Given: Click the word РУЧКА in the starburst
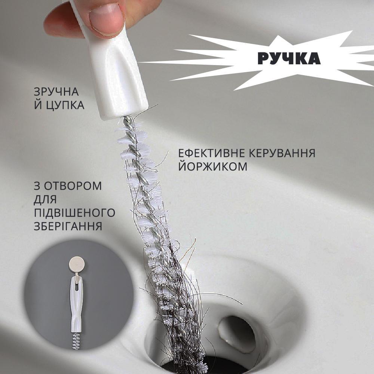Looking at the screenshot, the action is [x=289, y=58].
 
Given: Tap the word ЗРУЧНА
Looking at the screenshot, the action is [x=56, y=92].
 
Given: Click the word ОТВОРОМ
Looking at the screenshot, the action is [x=73, y=186].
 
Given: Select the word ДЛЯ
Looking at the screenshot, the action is [x=45, y=200].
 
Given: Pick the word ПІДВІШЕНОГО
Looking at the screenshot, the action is [x=74, y=213].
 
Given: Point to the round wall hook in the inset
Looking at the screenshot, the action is [x=76, y=264].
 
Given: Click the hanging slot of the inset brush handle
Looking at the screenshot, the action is [x=76, y=286].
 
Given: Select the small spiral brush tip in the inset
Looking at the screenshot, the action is [x=76, y=341].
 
